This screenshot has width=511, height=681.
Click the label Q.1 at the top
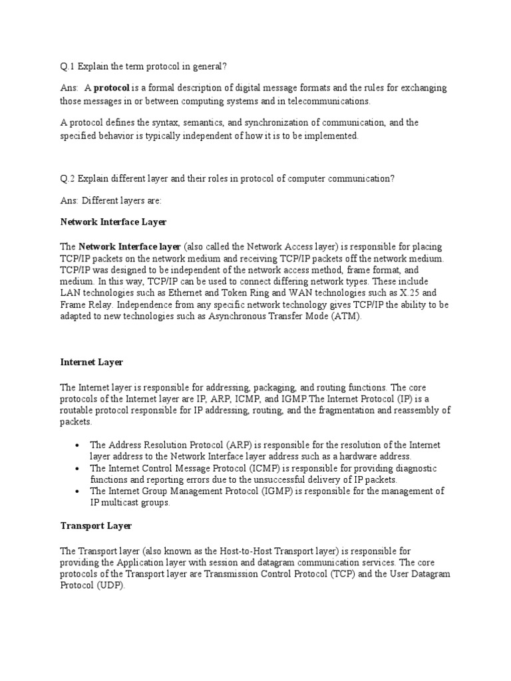pos(67,67)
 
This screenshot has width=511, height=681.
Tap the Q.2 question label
pos(67,178)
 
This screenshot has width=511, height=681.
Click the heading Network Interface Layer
pos(113,221)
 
